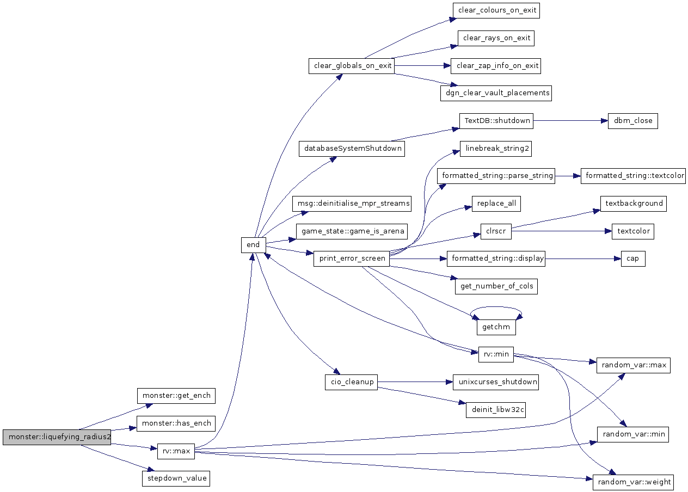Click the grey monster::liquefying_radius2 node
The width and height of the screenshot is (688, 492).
point(57,437)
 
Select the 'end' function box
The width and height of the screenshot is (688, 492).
point(254,245)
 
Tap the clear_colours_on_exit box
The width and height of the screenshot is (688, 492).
point(496,10)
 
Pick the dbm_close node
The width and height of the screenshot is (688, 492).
point(632,121)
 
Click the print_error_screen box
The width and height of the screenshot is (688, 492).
point(352,259)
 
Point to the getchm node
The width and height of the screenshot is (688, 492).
point(496,327)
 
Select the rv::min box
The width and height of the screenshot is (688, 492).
point(496,354)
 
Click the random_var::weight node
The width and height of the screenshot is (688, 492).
point(634,482)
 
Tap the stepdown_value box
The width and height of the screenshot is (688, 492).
point(176,478)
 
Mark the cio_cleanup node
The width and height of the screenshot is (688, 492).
point(351,382)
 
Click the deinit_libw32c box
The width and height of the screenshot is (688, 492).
point(495,410)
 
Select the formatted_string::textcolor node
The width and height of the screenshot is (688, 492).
point(633,176)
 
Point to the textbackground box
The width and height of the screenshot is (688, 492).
point(634,204)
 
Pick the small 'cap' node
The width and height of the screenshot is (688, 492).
point(633,259)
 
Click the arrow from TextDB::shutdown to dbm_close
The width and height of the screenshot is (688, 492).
point(570,121)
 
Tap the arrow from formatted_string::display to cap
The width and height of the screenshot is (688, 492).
point(583,259)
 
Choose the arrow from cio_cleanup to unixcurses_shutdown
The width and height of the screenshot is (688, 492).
point(415,382)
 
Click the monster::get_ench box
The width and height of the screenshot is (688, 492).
point(176,396)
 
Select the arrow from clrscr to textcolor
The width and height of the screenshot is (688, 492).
point(562,231)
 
